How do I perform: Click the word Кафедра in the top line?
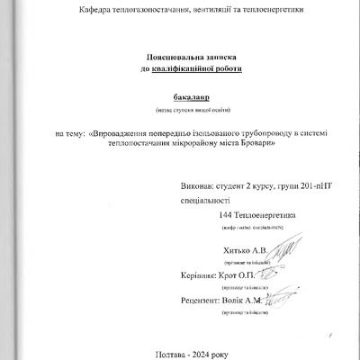click(x=95, y=10)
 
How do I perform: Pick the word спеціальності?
click(x=206, y=203)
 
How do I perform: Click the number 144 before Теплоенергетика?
click(x=227, y=216)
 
